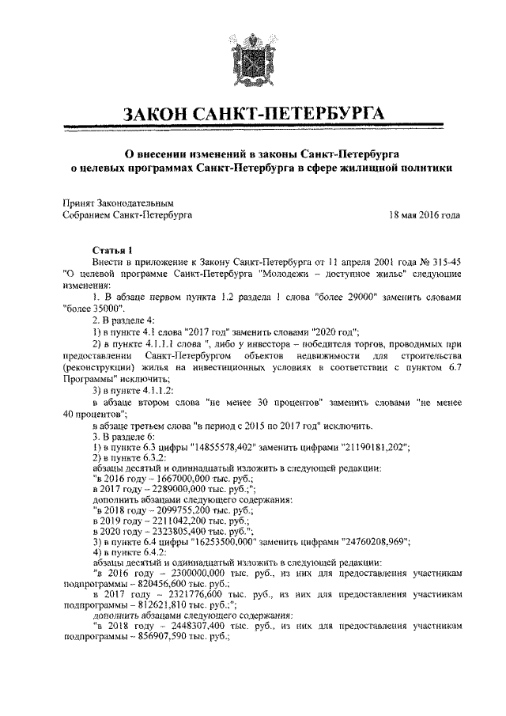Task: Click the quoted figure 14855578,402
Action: point(236,447)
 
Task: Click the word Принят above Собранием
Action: point(78,203)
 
